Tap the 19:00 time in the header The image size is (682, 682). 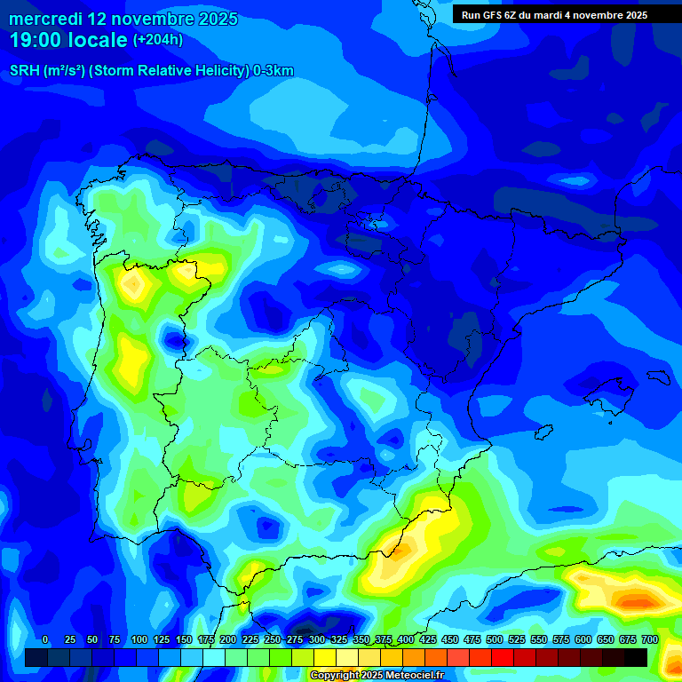36,40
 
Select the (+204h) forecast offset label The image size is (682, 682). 157,40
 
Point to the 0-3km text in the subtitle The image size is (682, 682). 274,71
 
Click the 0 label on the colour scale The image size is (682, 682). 45,640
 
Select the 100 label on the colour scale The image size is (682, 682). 139,640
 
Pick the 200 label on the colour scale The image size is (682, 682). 227,640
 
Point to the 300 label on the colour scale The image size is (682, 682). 316,640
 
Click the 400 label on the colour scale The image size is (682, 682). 405,640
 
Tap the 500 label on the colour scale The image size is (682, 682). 494,640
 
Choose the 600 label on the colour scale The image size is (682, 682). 583,640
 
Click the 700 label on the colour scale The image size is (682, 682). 649,640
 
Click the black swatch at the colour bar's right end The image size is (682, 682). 636,657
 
